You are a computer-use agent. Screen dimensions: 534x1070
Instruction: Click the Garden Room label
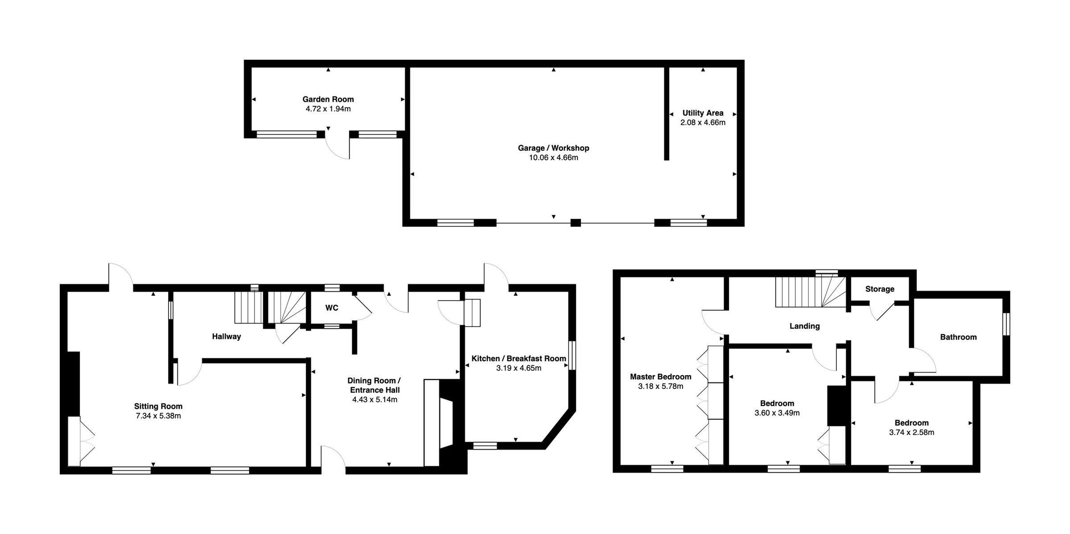click(328, 99)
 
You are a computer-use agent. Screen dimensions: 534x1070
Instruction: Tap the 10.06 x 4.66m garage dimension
click(553, 158)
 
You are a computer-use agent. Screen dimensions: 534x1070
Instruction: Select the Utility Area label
click(703, 113)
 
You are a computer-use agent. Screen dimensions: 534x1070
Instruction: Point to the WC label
click(332, 308)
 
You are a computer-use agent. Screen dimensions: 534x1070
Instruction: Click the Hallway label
click(226, 336)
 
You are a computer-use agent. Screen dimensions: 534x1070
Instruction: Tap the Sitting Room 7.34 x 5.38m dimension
click(158, 416)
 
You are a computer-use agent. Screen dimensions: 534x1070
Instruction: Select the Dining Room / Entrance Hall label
click(374, 385)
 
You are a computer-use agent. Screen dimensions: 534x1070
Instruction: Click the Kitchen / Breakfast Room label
click(519, 359)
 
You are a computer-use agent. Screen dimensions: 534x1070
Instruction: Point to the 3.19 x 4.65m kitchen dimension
click(519, 368)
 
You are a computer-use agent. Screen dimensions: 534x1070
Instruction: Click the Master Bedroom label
click(660, 377)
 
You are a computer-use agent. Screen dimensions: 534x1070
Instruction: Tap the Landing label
click(804, 326)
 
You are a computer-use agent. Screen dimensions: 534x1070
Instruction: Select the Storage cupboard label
click(880, 289)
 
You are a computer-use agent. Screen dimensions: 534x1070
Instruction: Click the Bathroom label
click(958, 337)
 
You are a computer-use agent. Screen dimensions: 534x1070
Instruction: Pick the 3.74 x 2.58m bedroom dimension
click(911, 433)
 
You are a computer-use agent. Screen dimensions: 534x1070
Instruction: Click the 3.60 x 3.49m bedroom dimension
click(777, 413)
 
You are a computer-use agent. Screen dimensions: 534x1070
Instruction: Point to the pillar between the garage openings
click(576, 223)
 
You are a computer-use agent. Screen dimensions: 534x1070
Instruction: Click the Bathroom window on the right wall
click(1006, 324)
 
